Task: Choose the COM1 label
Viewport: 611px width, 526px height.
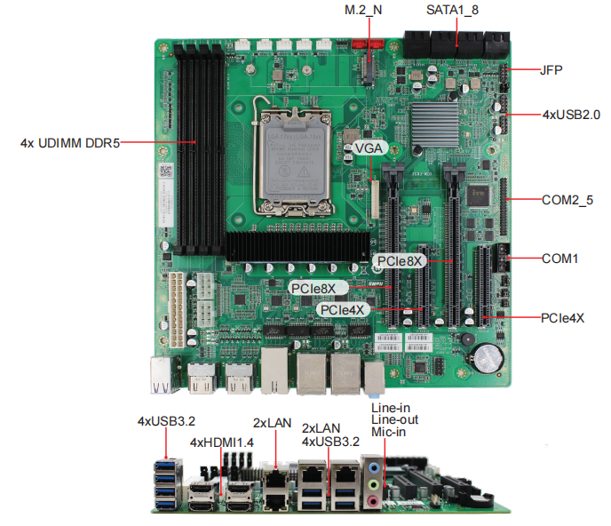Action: coord(560,259)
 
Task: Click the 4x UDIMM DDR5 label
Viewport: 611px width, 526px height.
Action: coord(70,141)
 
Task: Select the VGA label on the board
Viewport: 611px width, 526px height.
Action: coord(369,147)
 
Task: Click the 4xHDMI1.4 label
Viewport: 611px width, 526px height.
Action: coord(221,442)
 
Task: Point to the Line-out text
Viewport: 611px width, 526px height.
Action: coord(394,419)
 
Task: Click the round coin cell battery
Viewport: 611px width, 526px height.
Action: coord(485,357)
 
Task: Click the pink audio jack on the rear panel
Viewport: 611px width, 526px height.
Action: coord(374,500)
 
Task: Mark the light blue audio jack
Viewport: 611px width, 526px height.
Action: coord(374,465)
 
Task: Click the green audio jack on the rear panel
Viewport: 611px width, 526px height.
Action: coord(374,482)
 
